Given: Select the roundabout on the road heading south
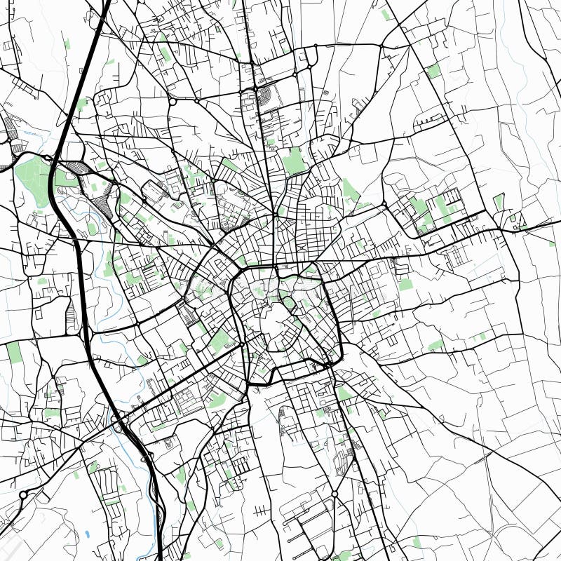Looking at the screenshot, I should click(x=334, y=494).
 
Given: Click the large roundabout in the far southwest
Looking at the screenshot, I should click(x=23, y=495).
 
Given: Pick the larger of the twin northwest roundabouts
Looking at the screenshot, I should click(x=173, y=102).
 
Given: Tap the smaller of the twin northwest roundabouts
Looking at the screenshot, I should click(x=197, y=101).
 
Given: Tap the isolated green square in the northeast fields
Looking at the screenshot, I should click(x=433, y=71).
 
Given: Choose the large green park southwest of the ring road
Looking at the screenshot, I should click(x=221, y=340).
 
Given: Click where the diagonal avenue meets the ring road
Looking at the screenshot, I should click(x=242, y=345).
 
